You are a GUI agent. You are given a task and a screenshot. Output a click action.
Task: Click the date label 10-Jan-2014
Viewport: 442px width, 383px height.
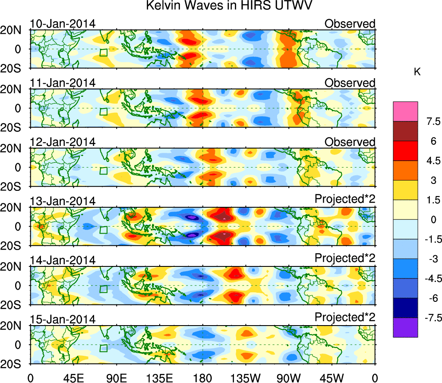click(x=63, y=24)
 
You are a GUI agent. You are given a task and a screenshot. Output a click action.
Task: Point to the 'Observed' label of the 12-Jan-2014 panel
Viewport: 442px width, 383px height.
click(x=350, y=142)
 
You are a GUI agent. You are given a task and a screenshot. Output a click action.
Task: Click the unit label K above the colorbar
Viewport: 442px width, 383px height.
click(x=417, y=72)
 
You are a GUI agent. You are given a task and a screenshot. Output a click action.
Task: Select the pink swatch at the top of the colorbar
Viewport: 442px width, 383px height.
click(x=405, y=111)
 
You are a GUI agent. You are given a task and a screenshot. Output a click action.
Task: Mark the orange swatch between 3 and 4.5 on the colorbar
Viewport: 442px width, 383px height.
click(x=405, y=171)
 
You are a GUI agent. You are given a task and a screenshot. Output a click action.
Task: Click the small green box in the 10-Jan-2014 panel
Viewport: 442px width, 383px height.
click(x=103, y=53)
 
